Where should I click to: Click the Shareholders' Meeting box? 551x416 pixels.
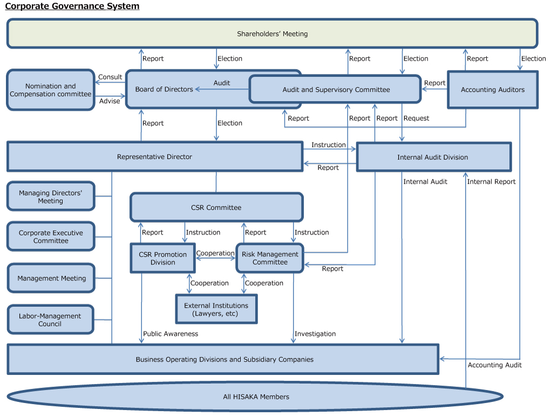pos(272,33)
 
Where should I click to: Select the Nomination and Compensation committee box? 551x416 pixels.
pos(51,90)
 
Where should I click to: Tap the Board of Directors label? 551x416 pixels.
pos(164,89)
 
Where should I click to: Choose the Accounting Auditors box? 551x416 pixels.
pos(492,90)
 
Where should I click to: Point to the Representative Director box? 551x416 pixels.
pos(154,157)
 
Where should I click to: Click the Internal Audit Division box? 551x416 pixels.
pos(433,157)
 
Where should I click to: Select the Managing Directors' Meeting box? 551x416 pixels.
pos(51,197)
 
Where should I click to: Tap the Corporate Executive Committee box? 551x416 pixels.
pos(51,237)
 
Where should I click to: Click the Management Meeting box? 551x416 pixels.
pos(51,278)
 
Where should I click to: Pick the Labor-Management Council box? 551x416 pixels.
pos(50,320)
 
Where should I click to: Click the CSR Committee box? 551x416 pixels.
pos(216,207)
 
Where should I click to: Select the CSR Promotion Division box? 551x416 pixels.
pos(162,258)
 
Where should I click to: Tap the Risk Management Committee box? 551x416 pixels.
pos(270,258)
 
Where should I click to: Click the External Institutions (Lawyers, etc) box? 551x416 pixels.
pos(216,310)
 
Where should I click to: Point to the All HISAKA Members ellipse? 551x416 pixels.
pos(256,397)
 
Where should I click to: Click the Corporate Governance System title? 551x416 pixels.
pos(72,6)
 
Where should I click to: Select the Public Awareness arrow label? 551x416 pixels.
pos(171,334)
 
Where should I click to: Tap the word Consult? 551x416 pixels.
pos(110,77)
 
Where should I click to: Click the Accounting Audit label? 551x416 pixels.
pos(494,365)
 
